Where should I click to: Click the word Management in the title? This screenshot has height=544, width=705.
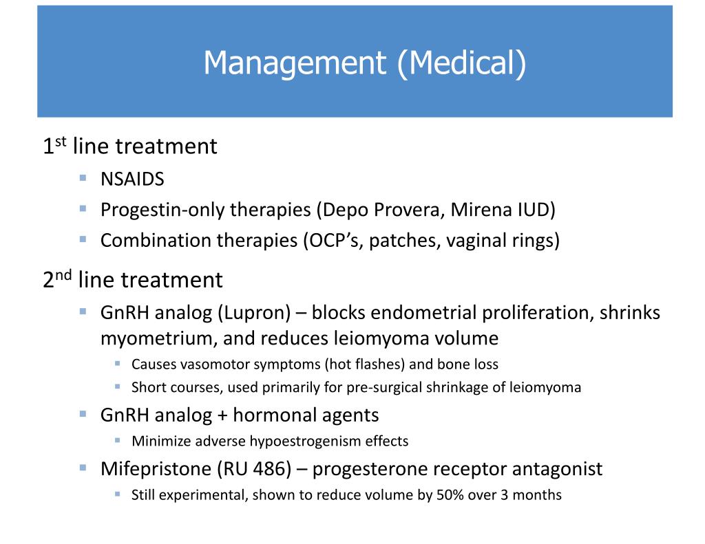click(x=295, y=63)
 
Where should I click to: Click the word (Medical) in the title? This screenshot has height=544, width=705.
click(x=462, y=63)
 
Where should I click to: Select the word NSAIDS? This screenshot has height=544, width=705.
click(x=132, y=179)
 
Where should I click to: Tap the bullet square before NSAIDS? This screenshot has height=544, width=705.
click(x=83, y=177)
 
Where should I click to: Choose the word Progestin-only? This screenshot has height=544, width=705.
click(x=161, y=210)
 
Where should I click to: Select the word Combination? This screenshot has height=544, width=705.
click(x=154, y=240)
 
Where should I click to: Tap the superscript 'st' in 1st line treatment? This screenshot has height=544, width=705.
click(x=61, y=142)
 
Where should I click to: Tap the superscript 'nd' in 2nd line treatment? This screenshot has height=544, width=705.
click(x=63, y=274)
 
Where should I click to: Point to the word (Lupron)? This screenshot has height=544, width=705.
click(x=255, y=313)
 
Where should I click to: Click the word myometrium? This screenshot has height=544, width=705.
click(x=154, y=338)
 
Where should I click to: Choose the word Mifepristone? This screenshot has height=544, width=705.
click(x=156, y=468)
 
